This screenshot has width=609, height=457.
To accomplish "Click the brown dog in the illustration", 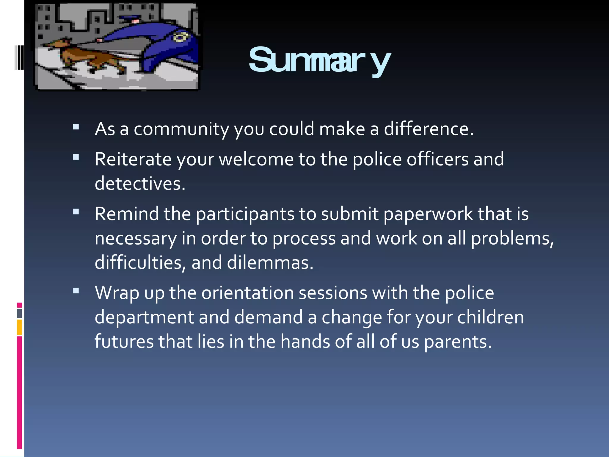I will coord(89,57).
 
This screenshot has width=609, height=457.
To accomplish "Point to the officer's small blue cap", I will coord(130,19).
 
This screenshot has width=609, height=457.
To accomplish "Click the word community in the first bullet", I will coord(181,129).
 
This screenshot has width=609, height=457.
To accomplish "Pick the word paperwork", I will coord(429,214).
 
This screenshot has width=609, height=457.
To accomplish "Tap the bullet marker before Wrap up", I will coord(76,291).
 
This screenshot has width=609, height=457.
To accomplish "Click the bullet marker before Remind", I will coord(76,212).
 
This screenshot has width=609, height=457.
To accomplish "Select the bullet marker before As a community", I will coord(76,127).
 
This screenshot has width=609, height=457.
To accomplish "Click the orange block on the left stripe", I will coord(19,327).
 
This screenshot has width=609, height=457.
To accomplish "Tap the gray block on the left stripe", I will coord(19,314).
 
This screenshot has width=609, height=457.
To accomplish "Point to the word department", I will coord(144,317).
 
